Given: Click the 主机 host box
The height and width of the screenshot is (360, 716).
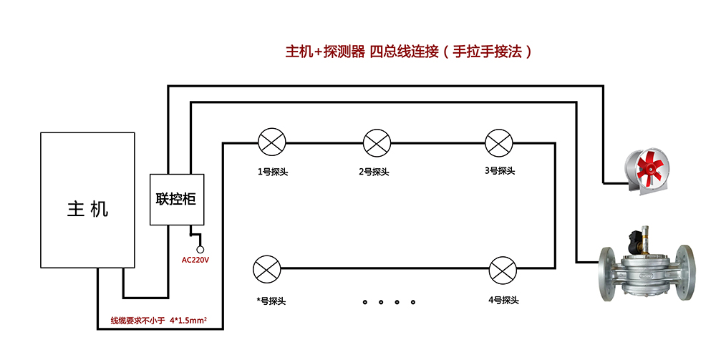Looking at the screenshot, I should (88, 200).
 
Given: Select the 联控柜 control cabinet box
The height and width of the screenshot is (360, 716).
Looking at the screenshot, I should (176, 200).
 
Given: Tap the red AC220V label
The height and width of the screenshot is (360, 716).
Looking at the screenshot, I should (195, 260).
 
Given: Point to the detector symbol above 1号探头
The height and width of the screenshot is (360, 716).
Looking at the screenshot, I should (271, 142).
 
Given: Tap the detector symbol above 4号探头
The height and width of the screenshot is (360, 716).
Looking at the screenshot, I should (501, 270).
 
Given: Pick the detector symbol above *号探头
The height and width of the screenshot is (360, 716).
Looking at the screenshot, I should (267, 270).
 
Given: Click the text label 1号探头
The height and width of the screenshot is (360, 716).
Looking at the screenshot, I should (272, 172).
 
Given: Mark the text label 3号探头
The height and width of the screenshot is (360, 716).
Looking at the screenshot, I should (499, 171).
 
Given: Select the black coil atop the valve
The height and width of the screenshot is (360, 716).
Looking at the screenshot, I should (634, 237).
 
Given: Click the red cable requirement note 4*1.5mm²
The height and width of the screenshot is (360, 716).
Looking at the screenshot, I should (158, 320).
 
